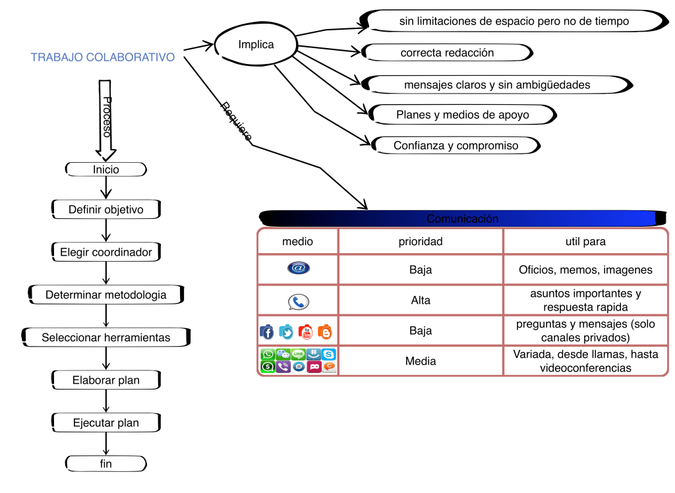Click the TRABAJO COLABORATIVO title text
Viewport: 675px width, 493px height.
coord(103,57)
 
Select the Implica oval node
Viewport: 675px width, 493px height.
coord(256,45)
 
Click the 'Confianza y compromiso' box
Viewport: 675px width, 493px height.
coord(455,146)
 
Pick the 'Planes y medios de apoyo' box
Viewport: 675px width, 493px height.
coord(462,115)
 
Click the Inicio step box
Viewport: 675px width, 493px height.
coord(106,169)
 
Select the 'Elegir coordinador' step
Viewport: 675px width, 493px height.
coord(106,252)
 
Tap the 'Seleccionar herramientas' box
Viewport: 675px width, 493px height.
coord(106,337)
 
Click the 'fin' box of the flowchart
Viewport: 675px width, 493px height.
coord(106,463)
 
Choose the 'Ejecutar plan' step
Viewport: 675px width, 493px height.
coord(106,422)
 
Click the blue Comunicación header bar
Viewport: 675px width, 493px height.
coord(462,218)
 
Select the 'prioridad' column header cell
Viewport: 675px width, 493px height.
coord(421,241)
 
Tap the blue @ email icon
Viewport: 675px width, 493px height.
coord(298,268)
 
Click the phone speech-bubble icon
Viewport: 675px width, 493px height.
coord(298,302)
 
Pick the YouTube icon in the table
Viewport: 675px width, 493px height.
coord(305,332)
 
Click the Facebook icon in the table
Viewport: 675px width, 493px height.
coord(267,332)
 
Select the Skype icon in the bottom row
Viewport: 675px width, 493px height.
coord(329,355)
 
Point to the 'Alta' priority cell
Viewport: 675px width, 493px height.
coord(421,300)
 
